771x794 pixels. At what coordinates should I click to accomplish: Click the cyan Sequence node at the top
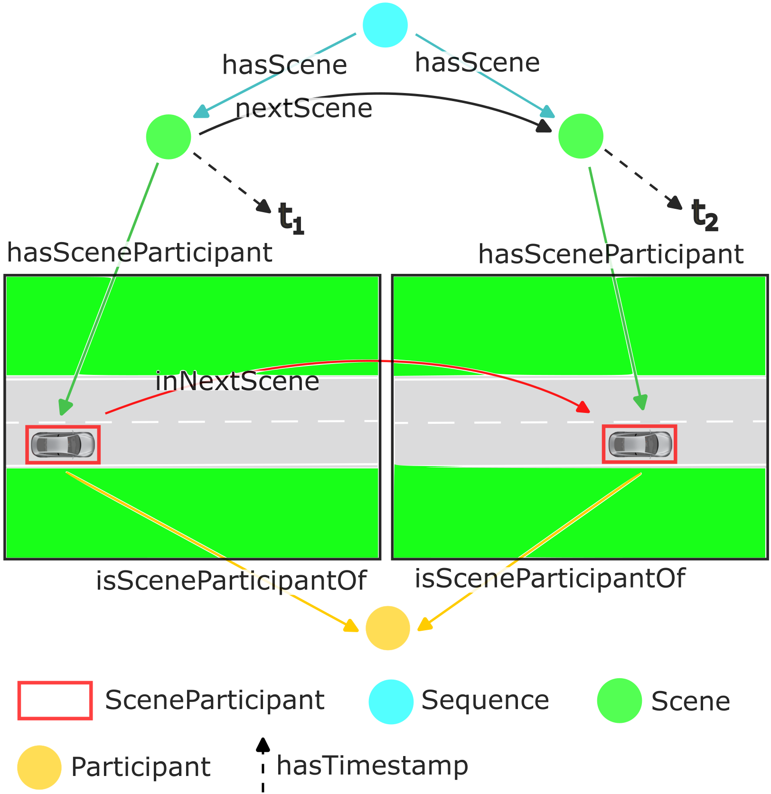[385, 25]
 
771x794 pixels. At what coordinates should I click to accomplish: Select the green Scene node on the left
[169, 137]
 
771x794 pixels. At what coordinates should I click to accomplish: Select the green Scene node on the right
[581, 136]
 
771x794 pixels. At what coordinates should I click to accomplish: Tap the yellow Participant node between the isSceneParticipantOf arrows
[388, 628]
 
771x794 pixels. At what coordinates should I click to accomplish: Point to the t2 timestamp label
[704, 215]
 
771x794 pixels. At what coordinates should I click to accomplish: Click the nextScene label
[304, 109]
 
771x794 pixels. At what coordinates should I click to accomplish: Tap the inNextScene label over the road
[237, 381]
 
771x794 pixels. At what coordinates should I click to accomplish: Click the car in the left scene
[63, 445]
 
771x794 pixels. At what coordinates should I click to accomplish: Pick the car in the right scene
[639, 444]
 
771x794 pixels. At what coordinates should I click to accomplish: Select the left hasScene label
[284, 65]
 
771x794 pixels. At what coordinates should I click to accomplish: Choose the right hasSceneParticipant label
[611, 254]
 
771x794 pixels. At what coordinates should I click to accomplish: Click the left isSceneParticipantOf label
[231, 580]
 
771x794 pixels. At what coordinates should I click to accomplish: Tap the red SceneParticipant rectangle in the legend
[55, 701]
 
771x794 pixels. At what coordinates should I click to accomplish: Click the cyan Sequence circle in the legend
[391, 701]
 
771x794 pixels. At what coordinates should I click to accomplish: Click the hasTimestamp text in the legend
[372, 766]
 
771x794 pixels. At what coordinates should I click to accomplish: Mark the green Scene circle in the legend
[619, 701]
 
